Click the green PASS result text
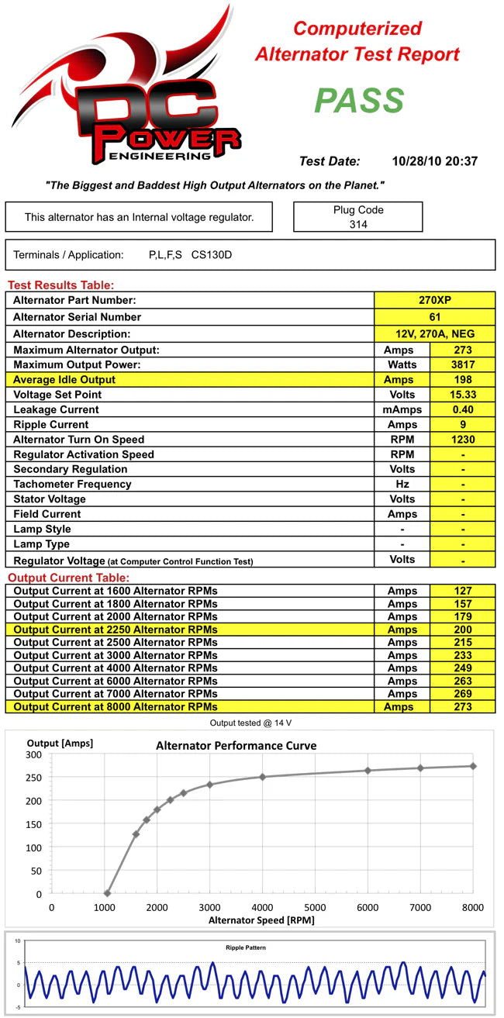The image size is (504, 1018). (x=359, y=101)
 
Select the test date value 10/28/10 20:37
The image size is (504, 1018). (x=435, y=162)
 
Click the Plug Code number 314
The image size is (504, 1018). (x=358, y=225)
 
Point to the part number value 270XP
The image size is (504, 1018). (x=435, y=300)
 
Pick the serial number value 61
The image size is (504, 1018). (x=435, y=317)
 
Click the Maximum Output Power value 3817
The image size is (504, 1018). (x=462, y=365)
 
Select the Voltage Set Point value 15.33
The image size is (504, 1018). (x=462, y=395)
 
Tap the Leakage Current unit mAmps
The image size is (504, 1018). (x=402, y=409)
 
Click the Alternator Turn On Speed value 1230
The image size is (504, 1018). (x=462, y=440)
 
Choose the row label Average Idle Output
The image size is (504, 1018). (x=64, y=380)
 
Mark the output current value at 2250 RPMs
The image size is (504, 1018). (x=462, y=630)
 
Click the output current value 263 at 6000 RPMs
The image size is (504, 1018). (x=462, y=681)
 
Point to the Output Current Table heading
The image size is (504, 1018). (x=68, y=578)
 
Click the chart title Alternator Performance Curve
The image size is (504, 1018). (x=236, y=746)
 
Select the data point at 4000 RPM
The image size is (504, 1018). (x=262, y=777)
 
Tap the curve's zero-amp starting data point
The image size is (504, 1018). (x=107, y=894)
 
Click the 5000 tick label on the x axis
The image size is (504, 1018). (x=315, y=908)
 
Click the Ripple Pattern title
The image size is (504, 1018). (x=245, y=947)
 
